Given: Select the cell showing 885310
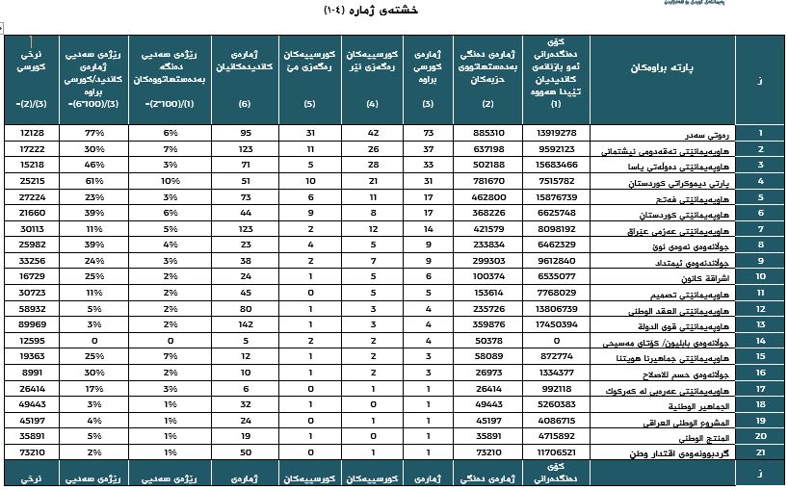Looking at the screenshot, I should coord(488,133).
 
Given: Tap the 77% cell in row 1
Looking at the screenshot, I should coord(93,133).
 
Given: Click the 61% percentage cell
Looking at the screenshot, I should coord(93,181).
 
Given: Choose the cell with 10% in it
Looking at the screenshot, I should coord(166,181).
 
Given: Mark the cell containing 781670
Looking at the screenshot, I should coord(488,181).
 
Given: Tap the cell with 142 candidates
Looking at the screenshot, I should coord(245,325).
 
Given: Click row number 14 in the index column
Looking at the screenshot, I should coord(759,341).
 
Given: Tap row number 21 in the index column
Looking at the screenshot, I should coord(759,451).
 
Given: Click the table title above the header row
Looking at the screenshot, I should coord(394,11).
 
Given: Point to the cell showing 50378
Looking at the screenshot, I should coord(488,341).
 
